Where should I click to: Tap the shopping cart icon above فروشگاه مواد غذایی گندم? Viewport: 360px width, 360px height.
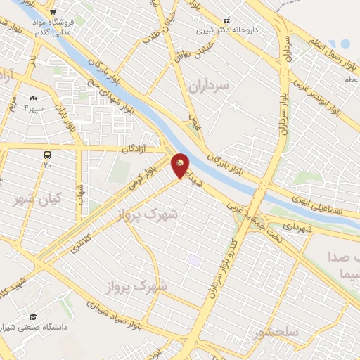coord(53,11)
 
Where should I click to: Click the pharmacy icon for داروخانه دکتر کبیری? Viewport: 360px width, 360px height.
coord(226,20)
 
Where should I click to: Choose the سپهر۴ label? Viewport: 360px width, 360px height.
coord(34,108)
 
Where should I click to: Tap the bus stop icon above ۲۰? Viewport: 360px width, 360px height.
coord(47,154)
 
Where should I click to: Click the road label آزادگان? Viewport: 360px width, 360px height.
coord(137,149)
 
